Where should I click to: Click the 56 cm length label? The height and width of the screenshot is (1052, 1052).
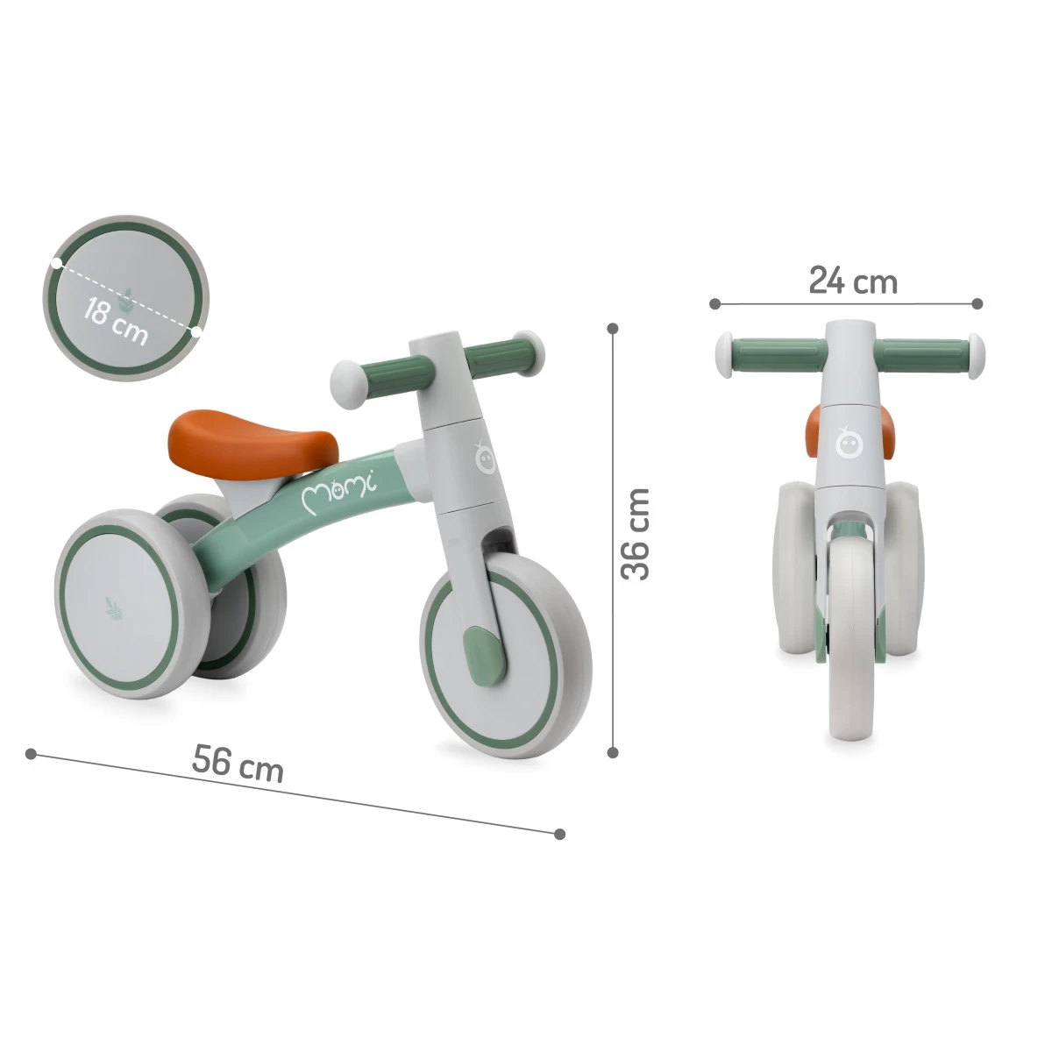click(238, 763)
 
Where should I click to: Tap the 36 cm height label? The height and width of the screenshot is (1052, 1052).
click(636, 533)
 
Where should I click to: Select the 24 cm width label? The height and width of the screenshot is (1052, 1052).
click(852, 281)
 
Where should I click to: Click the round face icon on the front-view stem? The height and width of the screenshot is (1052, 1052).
click(847, 444)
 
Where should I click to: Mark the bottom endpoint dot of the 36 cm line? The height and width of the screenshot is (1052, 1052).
click(614, 752)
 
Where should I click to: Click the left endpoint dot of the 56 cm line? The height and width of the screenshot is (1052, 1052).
click(32, 753)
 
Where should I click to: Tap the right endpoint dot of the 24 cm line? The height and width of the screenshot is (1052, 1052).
click(977, 304)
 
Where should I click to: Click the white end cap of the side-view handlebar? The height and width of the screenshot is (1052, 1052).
click(347, 384)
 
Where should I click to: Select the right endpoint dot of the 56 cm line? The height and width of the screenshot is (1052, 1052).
click(560, 834)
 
